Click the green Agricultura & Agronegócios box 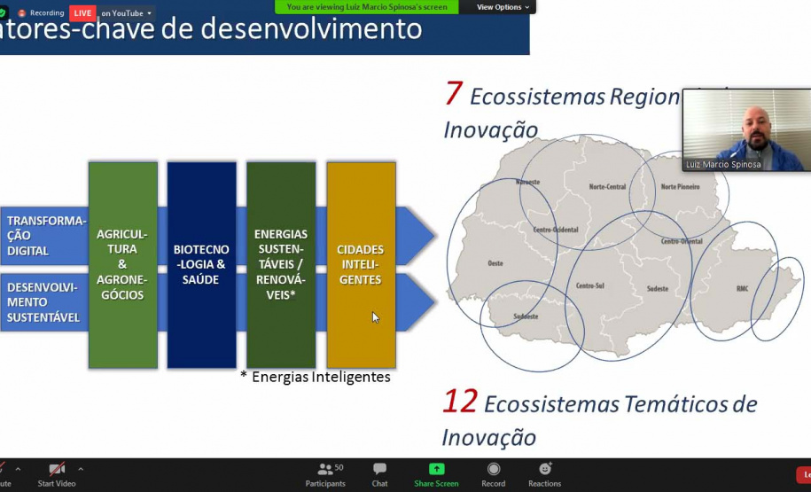pos(123,264)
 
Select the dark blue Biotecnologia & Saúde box pos(201,264)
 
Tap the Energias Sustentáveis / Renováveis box pos(281,264)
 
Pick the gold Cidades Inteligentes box pos(361,264)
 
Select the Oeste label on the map pos(495,263)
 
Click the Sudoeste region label pos(526,316)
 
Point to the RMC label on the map pos(742,289)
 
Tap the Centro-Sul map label pos(589,285)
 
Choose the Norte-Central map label pos(607,187)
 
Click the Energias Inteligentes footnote pos(316,377)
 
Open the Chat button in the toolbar pos(379,474)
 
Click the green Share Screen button pos(436,474)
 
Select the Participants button pos(325,474)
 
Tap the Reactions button pos(544,474)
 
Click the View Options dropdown pos(503,7)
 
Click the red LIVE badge pos(82,13)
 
